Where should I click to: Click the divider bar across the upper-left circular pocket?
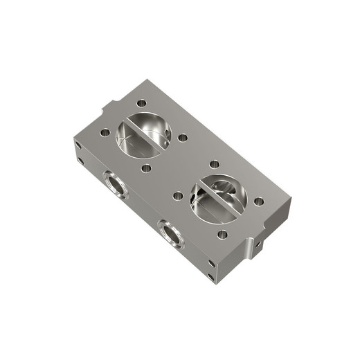tap(144, 134)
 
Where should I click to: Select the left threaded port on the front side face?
tap(115, 185)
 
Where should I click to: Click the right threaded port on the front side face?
tap(170, 233)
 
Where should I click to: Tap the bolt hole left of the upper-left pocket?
tap(105, 132)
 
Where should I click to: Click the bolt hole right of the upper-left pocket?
tap(183, 138)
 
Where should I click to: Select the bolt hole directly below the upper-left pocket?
tap(146, 167)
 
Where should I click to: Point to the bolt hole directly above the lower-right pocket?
tap(215, 164)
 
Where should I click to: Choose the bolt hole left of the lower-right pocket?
tap(177, 195)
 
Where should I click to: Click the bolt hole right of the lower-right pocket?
tap(258, 201)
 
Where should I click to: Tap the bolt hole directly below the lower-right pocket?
tap(222, 234)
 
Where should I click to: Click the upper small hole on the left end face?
tap(78, 147)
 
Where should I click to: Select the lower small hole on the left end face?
tap(81, 161)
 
